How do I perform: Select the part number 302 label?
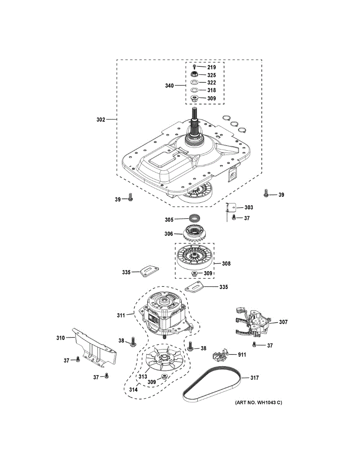101,120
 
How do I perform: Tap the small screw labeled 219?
194,68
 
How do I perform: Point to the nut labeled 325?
194,75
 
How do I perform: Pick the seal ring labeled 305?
195,219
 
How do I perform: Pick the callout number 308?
226,264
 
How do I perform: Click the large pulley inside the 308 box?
194,258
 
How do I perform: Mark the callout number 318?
212,90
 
